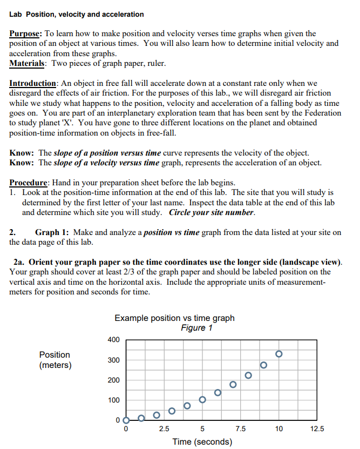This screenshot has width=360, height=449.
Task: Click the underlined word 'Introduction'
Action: coord(33,84)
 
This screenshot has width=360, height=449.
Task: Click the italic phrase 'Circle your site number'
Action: coord(211,212)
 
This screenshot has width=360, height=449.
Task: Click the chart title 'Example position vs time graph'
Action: coord(174,318)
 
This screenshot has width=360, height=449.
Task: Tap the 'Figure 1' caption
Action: coord(196,328)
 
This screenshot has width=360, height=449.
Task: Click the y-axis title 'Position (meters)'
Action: coord(55,360)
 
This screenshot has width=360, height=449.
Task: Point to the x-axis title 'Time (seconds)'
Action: coord(202,441)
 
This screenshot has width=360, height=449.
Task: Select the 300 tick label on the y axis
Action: coord(113,360)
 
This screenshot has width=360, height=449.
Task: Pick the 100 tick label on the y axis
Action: coord(113,400)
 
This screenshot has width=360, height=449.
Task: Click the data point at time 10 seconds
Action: coord(279,354)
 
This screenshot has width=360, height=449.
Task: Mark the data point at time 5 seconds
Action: coord(202,400)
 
